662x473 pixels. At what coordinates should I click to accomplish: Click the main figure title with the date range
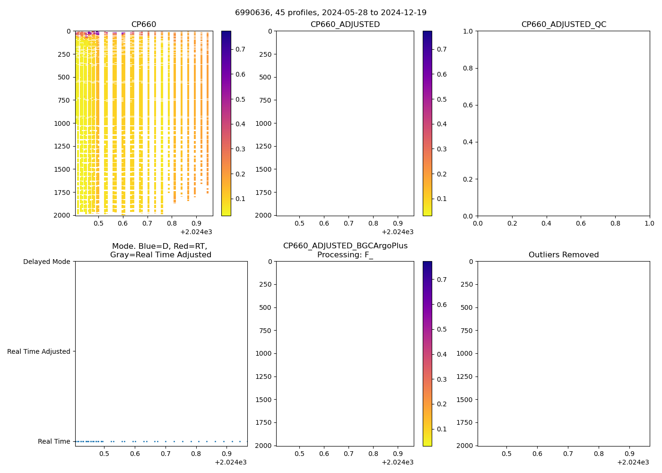tap(331, 12)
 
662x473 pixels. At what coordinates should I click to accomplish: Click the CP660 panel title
tap(144, 25)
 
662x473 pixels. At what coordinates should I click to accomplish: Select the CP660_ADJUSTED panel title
tap(345, 25)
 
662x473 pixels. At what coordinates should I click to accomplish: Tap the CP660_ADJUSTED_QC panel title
tap(564, 25)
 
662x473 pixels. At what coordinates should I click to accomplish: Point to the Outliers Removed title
tap(564, 255)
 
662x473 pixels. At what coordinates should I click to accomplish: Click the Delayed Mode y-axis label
tap(46, 262)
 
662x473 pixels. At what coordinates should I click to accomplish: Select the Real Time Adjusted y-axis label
tap(39, 351)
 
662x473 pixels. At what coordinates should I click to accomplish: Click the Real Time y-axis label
tap(54, 441)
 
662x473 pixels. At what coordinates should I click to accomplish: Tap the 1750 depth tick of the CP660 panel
tap(62, 193)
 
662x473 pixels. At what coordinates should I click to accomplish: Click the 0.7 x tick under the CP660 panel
tap(147, 223)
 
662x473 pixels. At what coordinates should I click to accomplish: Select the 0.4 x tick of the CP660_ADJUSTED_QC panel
tap(546, 223)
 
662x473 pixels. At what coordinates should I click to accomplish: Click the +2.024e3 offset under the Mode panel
tap(230, 462)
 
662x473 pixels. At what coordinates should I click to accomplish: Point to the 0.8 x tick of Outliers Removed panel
tap(599, 454)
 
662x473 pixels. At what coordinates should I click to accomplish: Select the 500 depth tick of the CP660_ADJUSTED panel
tap(263, 77)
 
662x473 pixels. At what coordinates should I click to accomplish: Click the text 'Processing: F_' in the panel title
tap(345, 255)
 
